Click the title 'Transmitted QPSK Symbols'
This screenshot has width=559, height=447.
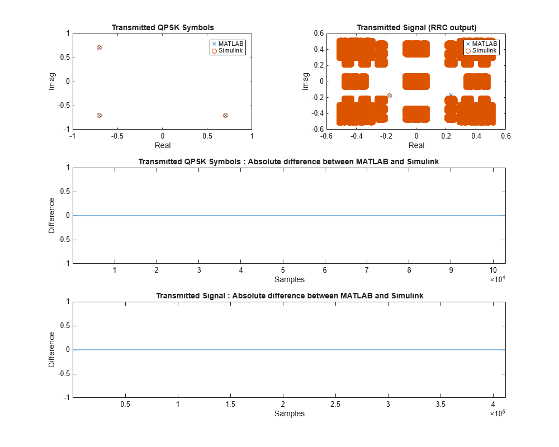click(163, 27)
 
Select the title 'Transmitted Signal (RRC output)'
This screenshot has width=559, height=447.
click(416, 27)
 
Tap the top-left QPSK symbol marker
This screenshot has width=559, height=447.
click(99, 47)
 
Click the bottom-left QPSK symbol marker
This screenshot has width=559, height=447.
click(99, 115)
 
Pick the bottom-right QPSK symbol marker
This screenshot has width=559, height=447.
click(225, 115)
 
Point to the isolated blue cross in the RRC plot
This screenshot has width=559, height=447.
click(451, 95)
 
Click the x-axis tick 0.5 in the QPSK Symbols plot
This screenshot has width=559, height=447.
click(207, 135)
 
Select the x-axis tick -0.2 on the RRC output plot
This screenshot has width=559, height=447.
click(386, 135)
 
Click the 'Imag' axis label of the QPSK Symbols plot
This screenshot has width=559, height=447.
click(52, 81)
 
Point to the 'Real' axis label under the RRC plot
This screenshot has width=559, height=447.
click(416, 145)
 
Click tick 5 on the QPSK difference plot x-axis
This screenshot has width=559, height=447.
click(283, 270)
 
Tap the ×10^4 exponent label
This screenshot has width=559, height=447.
click(497, 279)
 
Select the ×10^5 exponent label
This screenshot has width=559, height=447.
click(497, 413)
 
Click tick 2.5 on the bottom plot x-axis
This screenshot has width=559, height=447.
click(335, 404)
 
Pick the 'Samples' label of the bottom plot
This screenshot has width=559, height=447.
click(290, 413)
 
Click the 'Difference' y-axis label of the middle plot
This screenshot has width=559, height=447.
click(52, 215)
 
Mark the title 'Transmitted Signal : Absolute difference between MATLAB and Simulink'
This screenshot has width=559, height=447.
click(290, 296)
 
